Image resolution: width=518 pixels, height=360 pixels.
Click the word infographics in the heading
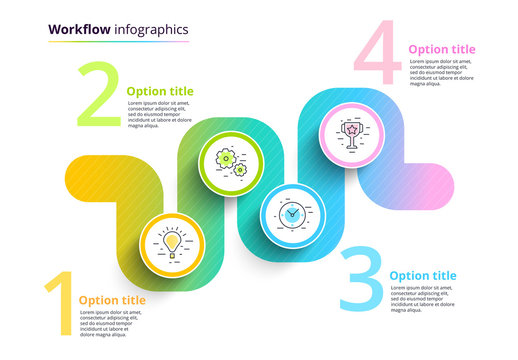146,29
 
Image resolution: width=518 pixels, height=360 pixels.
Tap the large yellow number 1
59,304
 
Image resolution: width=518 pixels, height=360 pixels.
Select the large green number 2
99,97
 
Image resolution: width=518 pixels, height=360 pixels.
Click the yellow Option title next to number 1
112,300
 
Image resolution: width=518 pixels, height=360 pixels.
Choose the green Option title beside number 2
161,91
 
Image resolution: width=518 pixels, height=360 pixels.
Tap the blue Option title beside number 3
422,276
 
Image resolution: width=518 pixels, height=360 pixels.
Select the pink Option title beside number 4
442,49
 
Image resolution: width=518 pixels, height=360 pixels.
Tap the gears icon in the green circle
231,164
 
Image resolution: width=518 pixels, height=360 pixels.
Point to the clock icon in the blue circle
292,213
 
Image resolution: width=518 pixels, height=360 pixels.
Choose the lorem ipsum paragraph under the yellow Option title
113,323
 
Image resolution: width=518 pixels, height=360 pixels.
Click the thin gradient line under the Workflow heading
118,42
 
